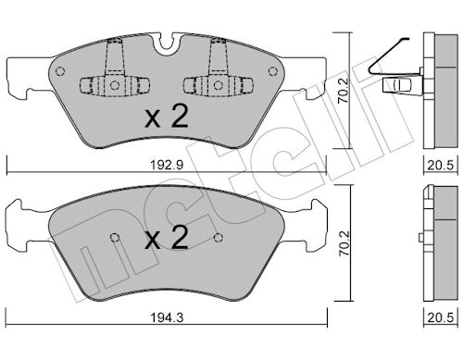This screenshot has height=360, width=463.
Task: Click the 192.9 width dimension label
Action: point(167,165)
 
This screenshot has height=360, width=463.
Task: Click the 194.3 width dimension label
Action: point(167,317)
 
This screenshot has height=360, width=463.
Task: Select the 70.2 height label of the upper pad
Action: point(344,90)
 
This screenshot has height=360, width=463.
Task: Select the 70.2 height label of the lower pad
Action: point(344,243)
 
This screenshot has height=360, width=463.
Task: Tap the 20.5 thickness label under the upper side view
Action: point(441,166)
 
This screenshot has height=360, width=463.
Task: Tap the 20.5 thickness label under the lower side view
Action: point(441,317)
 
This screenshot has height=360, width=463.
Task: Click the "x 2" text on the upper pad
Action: point(167,118)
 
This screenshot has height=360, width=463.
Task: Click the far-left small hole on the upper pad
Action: point(60,71)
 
